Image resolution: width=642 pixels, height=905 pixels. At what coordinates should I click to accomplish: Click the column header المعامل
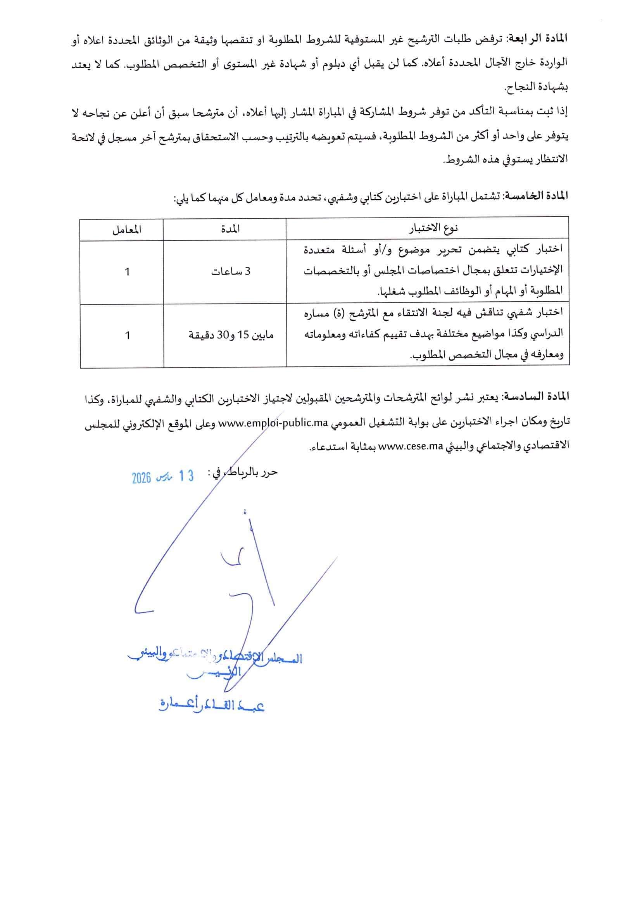[x=127, y=229]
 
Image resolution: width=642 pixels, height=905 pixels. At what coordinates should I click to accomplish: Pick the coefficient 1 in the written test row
[x=127, y=272]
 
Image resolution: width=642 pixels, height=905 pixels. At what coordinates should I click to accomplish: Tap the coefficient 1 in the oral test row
[x=127, y=336]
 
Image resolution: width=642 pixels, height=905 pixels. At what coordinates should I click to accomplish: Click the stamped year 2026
[x=142, y=478]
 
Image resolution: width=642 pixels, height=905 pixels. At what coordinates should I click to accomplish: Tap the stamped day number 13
[x=186, y=476]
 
